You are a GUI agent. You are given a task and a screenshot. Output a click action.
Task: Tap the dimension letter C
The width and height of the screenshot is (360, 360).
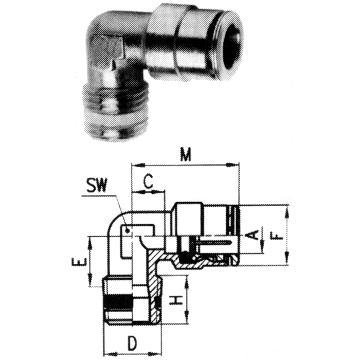tap(148, 181)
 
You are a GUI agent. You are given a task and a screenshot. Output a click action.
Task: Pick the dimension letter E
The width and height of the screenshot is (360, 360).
tap(78, 263)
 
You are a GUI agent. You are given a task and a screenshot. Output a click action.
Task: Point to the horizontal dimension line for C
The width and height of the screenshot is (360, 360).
tap(148, 192)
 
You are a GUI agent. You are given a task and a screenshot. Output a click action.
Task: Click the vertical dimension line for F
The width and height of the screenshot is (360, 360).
tap(287, 235)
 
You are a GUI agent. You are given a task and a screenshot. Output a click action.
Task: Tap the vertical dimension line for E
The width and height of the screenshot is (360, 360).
tap(91, 261)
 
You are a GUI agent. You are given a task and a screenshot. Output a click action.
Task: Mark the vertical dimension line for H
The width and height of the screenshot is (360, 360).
tap(186, 299)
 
